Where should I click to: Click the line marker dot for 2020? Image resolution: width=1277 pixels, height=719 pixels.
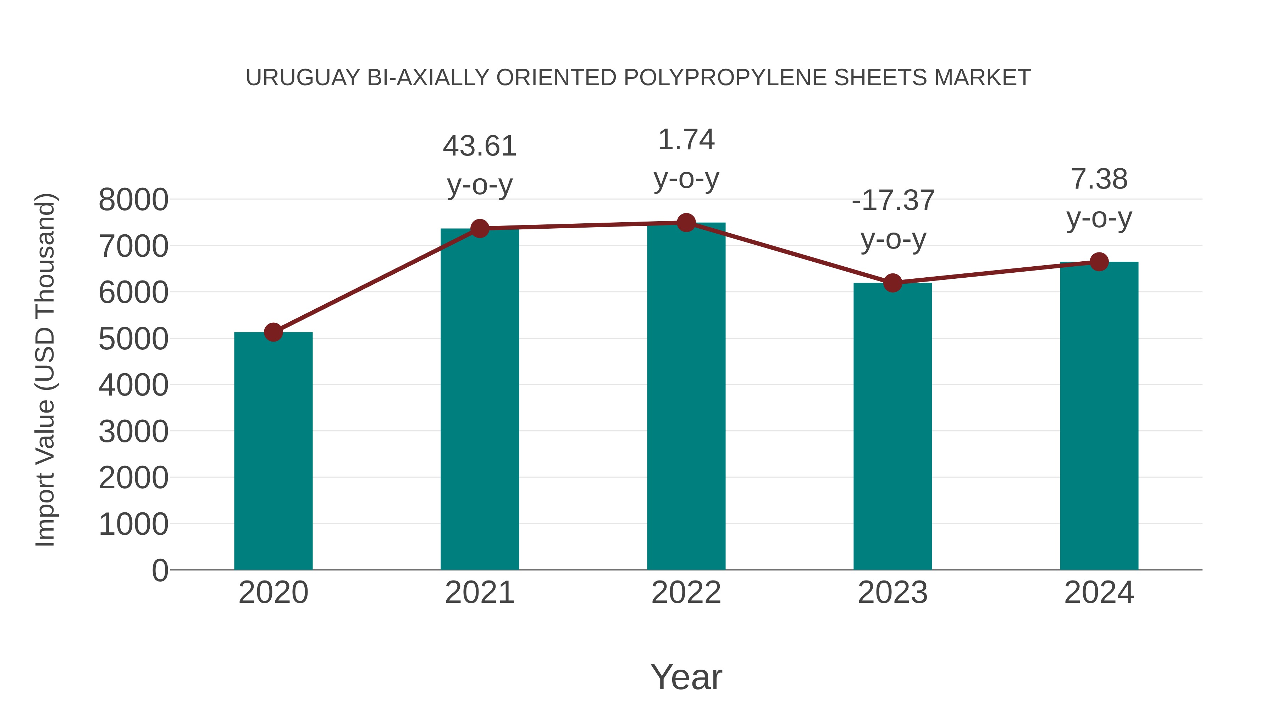[x=273, y=332]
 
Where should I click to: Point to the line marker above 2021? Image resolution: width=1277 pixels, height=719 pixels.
[x=480, y=228]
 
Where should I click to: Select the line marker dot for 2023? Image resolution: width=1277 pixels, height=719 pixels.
[x=892, y=283]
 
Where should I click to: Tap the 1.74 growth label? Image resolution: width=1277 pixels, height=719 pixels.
[x=686, y=140]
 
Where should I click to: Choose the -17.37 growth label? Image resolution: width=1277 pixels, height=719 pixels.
[x=893, y=201]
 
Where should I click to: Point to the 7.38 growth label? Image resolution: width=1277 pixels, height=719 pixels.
[x=1099, y=179]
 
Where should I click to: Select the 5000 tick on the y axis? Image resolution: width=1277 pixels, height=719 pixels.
[x=133, y=339]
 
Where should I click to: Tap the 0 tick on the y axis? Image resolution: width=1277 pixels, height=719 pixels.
[x=160, y=570]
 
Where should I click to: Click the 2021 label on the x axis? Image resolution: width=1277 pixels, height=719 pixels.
[x=480, y=593]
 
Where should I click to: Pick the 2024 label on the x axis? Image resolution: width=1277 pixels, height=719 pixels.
[x=1099, y=593]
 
